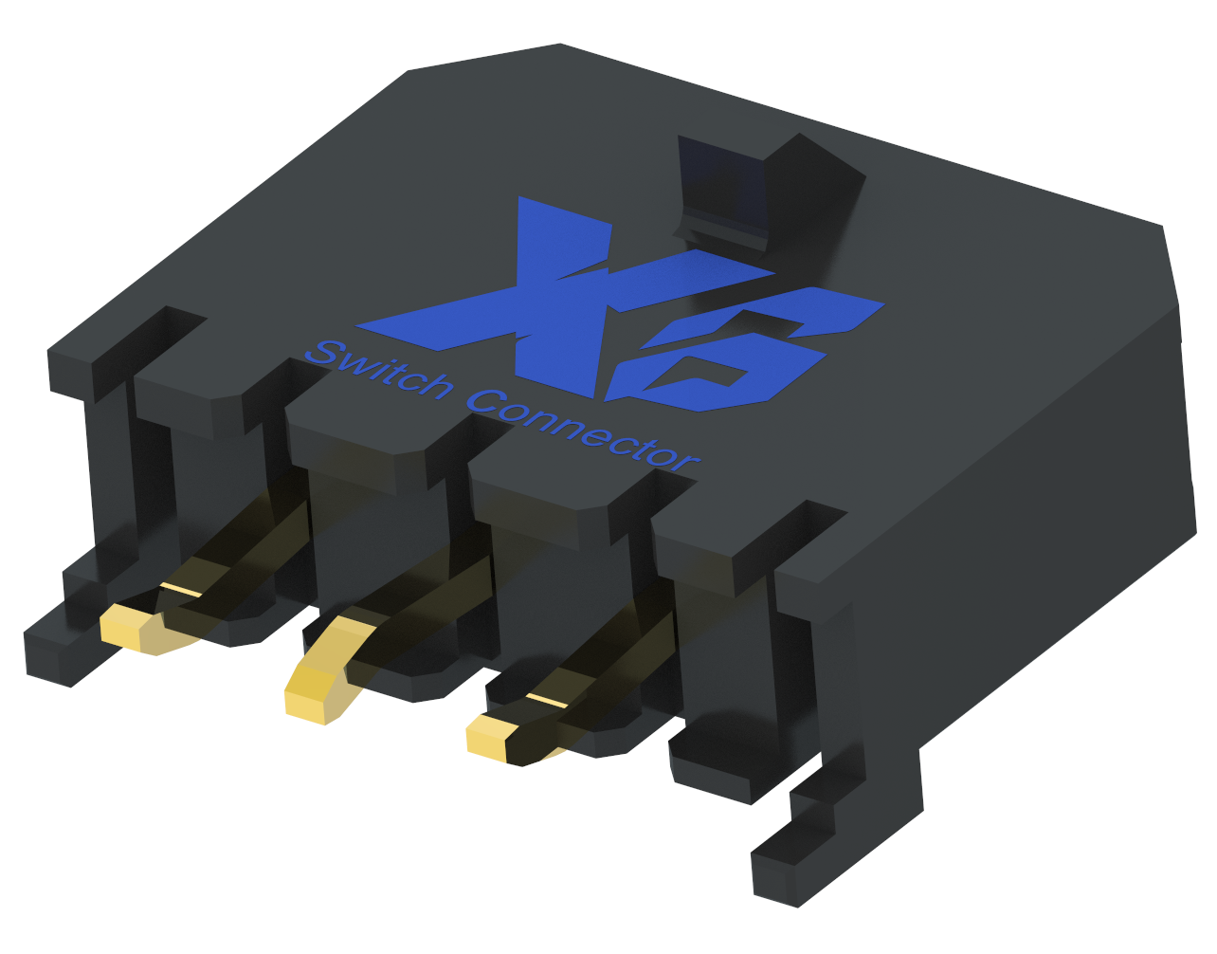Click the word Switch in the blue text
(379, 371)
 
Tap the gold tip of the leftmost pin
(121, 629)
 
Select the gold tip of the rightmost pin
(487, 740)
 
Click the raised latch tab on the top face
(758, 190)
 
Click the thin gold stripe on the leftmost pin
(180, 590)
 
